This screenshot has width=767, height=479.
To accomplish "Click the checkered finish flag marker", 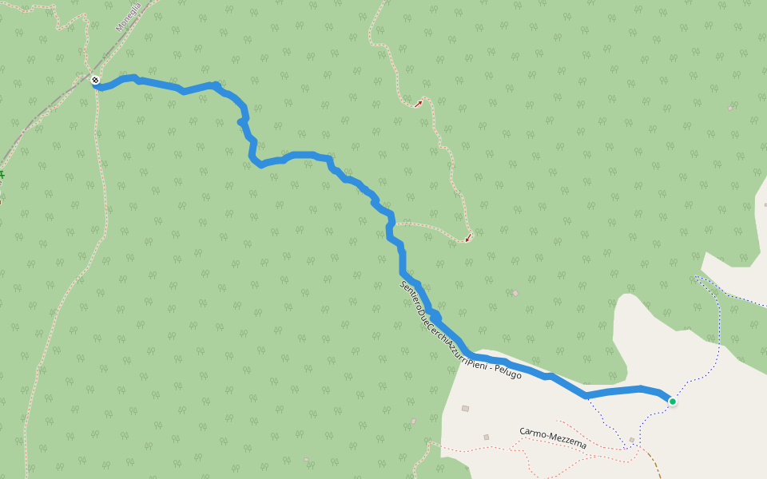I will coord(95,80).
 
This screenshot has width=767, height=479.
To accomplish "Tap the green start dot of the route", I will coord(673,401).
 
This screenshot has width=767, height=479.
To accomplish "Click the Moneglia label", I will coord(128,17).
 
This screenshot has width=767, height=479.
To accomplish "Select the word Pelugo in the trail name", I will coord(507,370).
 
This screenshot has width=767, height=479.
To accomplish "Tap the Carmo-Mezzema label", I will coord(553,437).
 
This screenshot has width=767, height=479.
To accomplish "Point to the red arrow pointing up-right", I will coord(418,103).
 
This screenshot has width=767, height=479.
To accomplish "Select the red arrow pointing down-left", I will coord(468,237).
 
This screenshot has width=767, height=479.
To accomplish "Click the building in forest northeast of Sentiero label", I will coord(515,293).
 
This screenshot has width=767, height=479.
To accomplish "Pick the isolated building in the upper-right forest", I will coord(730,108).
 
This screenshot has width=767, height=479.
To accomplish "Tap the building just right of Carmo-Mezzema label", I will coord(631,440).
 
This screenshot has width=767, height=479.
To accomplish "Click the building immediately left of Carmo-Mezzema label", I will coord(486,437).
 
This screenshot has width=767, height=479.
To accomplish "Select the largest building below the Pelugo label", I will coord(465,409).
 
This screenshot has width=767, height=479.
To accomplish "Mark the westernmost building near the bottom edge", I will coord(306,459).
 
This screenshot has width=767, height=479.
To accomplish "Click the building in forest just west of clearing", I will coord(413,421).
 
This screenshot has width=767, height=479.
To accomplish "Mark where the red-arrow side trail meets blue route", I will coord(395,224).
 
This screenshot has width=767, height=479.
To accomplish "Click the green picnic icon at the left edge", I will coord(2,175).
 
